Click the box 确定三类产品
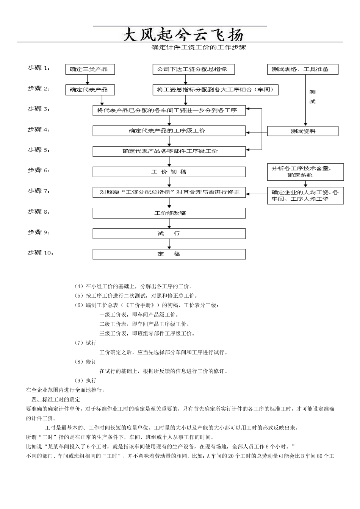click(x=90, y=69)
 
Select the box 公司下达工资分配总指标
click(x=193, y=69)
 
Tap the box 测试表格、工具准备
click(x=302, y=69)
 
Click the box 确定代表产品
click(x=90, y=90)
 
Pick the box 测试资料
click(x=302, y=131)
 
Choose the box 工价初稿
click(x=169, y=172)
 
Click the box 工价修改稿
click(x=169, y=213)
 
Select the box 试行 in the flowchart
click(x=169, y=234)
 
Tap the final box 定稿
click(x=169, y=254)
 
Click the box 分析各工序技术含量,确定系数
click(x=305, y=172)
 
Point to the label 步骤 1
click(x=38, y=68)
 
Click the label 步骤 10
click(x=40, y=253)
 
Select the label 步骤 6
click(x=38, y=170)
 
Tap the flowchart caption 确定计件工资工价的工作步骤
click(x=199, y=48)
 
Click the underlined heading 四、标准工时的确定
click(x=56, y=400)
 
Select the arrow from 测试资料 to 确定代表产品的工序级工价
click(x=257, y=133)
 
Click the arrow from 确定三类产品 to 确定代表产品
click(x=88, y=80)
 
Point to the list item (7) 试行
click(x=86, y=343)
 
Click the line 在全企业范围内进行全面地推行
click(x=66, y=390)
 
